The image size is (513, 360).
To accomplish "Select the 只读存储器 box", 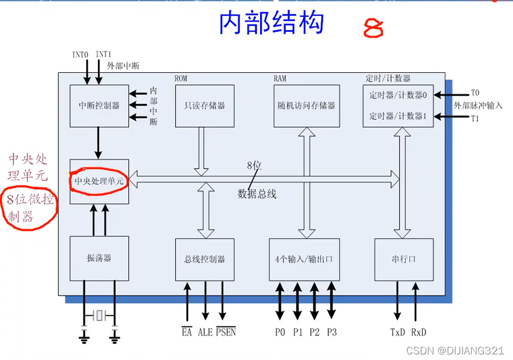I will pos(200,105).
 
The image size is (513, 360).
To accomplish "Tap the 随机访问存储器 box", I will pos(307,105).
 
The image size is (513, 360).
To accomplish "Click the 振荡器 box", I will pos(99,258).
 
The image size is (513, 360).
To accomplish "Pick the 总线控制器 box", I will pos(204,259).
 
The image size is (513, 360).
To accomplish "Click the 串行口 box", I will pos(403,259).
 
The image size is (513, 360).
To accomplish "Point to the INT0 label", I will pos(81,55).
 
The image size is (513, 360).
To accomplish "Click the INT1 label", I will pos(104,54).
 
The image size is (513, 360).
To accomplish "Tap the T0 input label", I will pos(475,93).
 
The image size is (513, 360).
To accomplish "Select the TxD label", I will pos(398,332).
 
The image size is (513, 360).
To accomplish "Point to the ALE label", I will pos(205,332).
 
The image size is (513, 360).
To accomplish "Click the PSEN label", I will pos(226,332).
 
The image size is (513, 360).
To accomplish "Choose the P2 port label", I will pos(314,332).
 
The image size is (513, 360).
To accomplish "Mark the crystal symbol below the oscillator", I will pos(99,316).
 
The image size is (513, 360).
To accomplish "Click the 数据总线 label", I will pos(257,194).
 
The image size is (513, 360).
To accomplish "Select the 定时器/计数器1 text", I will pos(398,116).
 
